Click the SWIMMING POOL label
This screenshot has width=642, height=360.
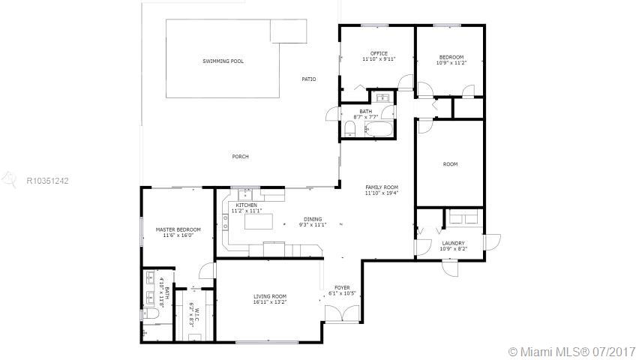point(223,61)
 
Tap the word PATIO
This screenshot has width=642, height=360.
point(309,79)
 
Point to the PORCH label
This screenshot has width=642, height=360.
point(240,157)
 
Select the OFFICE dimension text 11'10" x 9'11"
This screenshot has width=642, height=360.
point(379,59)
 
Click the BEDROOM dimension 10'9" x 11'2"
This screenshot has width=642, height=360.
point(451,63)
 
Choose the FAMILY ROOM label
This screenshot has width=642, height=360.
point(382,187)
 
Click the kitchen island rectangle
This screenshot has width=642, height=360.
point(258,221)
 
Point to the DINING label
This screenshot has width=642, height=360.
point(313,219)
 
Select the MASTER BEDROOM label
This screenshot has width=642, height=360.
point(178,229)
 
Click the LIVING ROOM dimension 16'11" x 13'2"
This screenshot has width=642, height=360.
point(270,302)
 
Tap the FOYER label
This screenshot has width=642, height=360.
point(342,288)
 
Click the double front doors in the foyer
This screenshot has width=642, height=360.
point(342,314)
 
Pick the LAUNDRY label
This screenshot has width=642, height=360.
point(453,243)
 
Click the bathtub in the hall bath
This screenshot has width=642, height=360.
point(379,129)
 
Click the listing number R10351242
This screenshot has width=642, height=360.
point(47,181)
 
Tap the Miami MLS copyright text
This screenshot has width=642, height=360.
point(571,352)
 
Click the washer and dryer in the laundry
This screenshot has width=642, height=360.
point(464,217)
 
